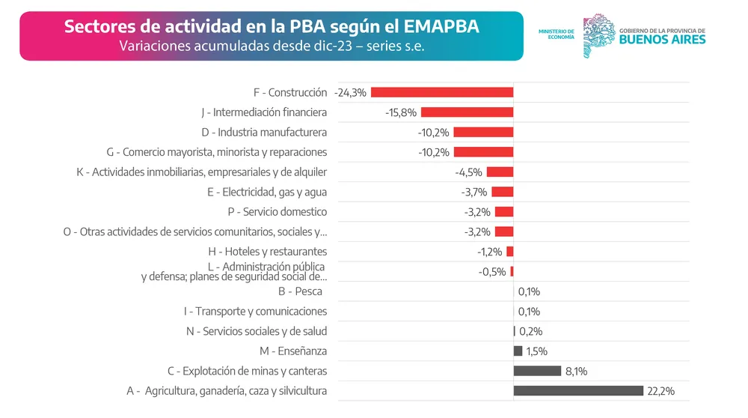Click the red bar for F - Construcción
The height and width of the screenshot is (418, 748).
[442, 92]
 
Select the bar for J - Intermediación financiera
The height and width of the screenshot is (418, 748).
[467, 112]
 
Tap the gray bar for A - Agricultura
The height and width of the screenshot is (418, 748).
[578, 390]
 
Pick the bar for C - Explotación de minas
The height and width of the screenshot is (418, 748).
[537, 371]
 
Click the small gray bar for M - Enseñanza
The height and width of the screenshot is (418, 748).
[518, 351]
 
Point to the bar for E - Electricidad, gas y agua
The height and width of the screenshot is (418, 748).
[502, 192]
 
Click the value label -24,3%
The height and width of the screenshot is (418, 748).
[351, 92]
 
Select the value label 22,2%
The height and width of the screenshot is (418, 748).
[661, 391]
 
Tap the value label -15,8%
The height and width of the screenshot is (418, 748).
[401, 112]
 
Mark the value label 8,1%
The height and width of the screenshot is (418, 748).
[577, 371]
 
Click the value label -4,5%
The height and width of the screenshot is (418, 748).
[468, 172]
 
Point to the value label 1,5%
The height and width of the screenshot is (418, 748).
[536, 351]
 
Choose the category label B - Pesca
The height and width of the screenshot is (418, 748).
[300, 291]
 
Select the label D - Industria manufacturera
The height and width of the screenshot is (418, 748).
[264, 133]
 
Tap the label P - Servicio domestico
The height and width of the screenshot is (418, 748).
[277, 212]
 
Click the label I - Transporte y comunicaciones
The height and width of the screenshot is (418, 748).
[255, 312]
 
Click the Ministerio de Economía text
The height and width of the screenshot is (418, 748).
[556, 34]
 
